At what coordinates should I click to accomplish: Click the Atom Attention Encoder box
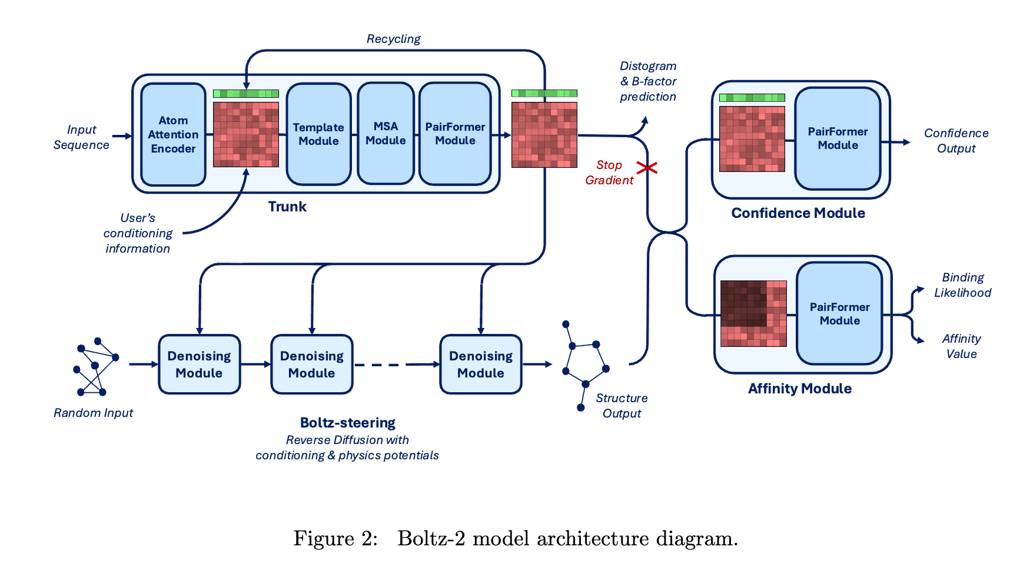click(173, 135)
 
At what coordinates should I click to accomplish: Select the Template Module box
click(318, 134)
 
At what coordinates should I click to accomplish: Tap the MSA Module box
click(386, 134)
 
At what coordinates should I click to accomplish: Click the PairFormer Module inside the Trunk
click(455, 134)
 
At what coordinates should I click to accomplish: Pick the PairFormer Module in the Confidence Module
click(838, 138)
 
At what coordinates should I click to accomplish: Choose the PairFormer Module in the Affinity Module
click(839, 314)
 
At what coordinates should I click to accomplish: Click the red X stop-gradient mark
click(647, 168)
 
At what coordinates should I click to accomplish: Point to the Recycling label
click(393, 39)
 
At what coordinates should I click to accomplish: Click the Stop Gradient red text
click(609, 173)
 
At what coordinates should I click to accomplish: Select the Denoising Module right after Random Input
click(199, 365)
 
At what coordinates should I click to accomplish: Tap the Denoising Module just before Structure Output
click(480, 365)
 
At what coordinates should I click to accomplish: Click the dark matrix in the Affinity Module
click(753, 313)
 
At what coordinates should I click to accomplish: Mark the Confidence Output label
click(956, 141)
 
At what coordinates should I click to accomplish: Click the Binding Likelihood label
click(962, 285)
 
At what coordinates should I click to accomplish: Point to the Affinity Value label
click(961, 346)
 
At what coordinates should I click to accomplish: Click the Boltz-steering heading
click(347, 423)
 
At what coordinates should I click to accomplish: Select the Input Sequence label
click(81, 137)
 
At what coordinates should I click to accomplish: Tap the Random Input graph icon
click(96, 367)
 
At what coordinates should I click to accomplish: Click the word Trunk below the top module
click(287, 207)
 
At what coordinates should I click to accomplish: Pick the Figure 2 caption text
click(515, 538)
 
